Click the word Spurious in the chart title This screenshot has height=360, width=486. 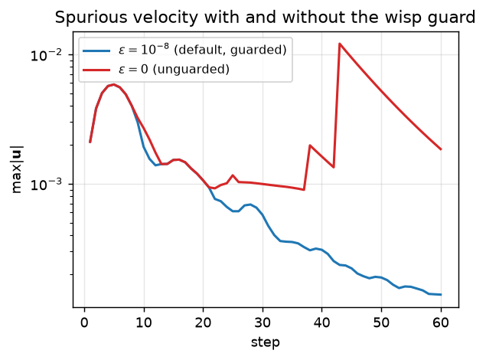[x=90, y=18]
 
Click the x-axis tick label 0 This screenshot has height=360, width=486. [x=84, y=323]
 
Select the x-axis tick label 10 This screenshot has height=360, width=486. [x=144, y=323]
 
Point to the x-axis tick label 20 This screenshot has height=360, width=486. [x=203, y=323]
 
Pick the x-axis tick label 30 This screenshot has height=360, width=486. [x=263, y=323]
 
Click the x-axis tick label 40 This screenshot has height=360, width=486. [x=321, y=323]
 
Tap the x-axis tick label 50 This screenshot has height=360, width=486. [x=381, y=323]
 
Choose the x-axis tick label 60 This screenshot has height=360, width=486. [x=440, y=323]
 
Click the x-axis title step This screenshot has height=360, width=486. [x=266, y=342]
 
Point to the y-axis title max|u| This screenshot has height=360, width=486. [x=17, y=169]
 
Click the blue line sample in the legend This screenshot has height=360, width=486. [x=96, y=51]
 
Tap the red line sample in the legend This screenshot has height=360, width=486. [x=96, y=70]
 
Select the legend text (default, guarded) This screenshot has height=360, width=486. [x=230, y=50]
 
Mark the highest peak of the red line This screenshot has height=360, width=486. [x=340, y=44]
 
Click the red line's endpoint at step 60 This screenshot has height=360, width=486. [x=441, y=149]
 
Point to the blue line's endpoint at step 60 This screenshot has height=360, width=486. [x=441, y=295]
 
